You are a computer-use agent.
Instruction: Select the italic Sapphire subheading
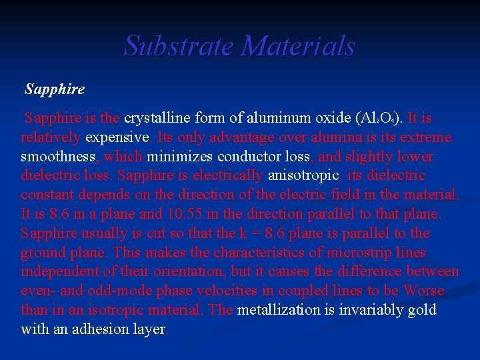[55, 89]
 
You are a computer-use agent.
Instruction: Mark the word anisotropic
[303, 176]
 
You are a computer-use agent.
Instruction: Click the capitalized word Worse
[424, 291]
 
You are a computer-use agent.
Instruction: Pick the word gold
[423, 310]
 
